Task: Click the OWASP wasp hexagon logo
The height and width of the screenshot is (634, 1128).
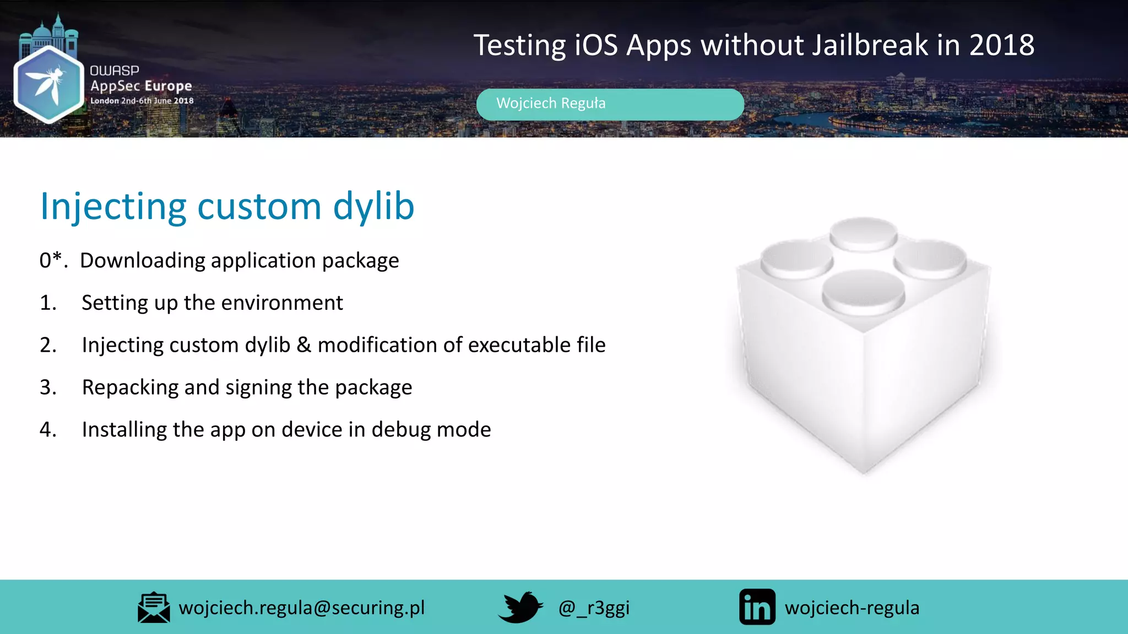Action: point(48,84)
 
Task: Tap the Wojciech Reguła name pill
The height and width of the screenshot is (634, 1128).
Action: point(610,104)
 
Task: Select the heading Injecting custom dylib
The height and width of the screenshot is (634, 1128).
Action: point(227,207)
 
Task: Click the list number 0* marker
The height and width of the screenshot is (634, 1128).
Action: point(53,260)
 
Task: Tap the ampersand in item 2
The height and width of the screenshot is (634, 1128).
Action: point(303,345)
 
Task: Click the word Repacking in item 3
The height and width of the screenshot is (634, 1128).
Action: point(130,387)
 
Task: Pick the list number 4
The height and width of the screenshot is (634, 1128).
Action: point(47,429)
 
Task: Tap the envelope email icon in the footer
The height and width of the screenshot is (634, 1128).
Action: point(154,608)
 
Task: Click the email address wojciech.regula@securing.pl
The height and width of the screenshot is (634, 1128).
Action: point(302,608)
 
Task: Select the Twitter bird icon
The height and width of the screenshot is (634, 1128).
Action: point(520,607)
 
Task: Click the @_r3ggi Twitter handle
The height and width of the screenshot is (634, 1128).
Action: point(594,608)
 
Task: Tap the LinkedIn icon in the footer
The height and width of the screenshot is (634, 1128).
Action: point(757,607)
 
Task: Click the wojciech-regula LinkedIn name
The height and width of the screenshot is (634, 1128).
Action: point(852,608)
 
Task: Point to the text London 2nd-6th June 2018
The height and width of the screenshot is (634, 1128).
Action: point(142,101)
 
